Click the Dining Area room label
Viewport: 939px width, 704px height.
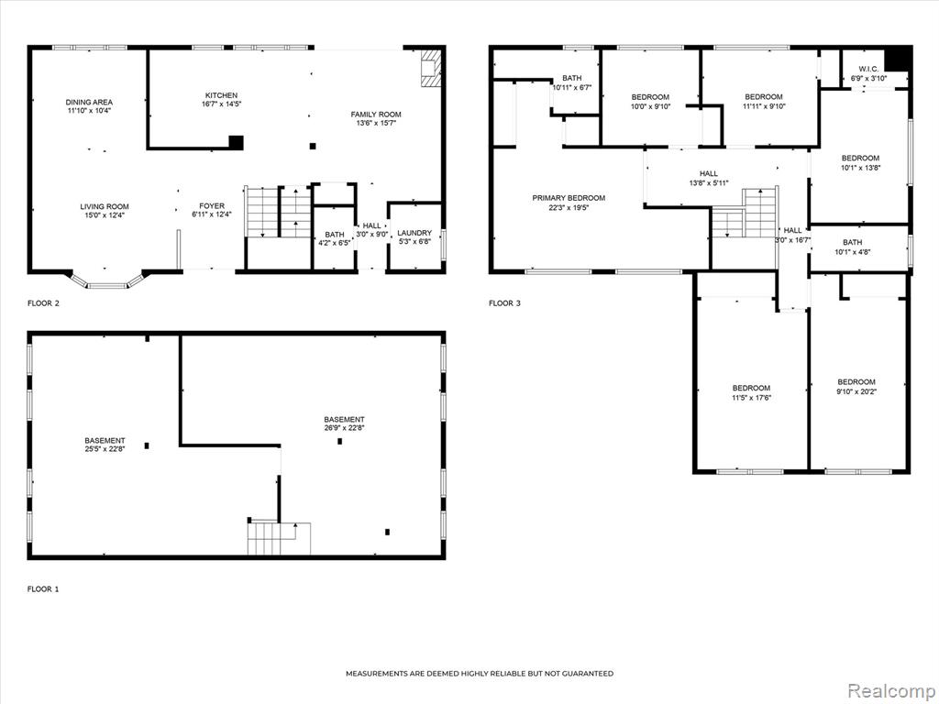pyautogui.click(x=89, y=103)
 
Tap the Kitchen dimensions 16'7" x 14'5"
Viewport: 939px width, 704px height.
pyautogui.click(x=222, y=104)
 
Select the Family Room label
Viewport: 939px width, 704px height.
pyautogui.click(x=376, y=115)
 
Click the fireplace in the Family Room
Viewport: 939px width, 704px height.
pyautogui.click(x=429, y=68)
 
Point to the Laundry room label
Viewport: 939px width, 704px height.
pyautogui.click(x=414, y=233)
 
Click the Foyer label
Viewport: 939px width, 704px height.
pyautogui.click(x=212, y=206)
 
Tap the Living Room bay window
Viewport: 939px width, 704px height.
pyautogui.click(x=107, y=281)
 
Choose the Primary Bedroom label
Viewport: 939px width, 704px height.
pyautogui.click(x=569, y=198)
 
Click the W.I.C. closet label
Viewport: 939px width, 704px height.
pyautogui.click(x=868, y=70)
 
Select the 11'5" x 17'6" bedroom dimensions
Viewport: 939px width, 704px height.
pyautogui.click(x=751, y=397)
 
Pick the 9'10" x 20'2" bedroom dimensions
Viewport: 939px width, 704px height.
pyautogui.click(x=856, y=391)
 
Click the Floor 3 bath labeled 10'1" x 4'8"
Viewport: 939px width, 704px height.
pyautogui.click(x=852, y=247)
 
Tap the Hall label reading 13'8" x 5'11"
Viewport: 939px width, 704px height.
pyautogui.click(x=709, y=179)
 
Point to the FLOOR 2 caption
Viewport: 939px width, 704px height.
pyautogui.click(x=44, y=302)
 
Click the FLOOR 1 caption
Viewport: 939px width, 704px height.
pyautogui.click(x=43, y=589)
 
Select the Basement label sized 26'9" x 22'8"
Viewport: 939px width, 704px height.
pyautogui.click(x=345, y=423)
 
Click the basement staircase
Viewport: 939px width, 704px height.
pyautogui.click(x=279, y=537)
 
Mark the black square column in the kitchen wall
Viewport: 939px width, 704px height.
pyautogui.click(x=237, y=142)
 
